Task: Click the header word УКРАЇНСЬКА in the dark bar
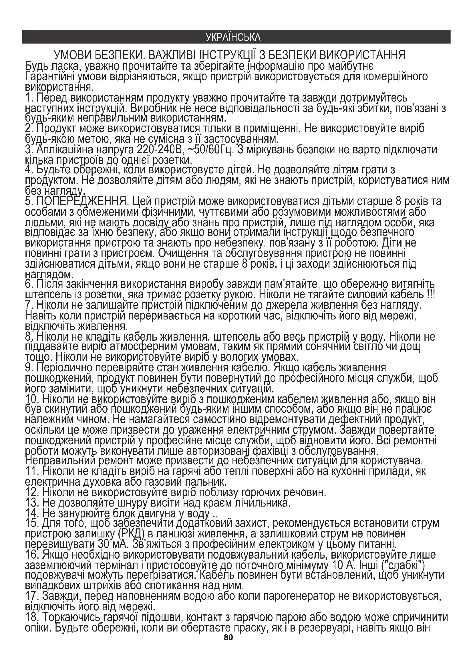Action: [x=233, y=37]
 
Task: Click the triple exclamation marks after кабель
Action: [x=430, y=295]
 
